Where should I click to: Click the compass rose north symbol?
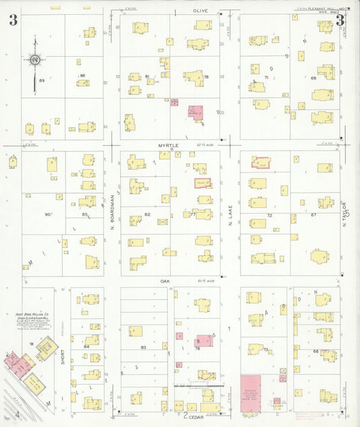point(34,60)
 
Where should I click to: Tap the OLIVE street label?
point(201,11)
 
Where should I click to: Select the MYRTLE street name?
point(167,145)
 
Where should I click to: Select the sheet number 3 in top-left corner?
point(13,20)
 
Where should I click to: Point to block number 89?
point(42,80)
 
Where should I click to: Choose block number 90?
point(47,214)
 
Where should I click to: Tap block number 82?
point(147,214)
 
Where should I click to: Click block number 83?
point(143,347)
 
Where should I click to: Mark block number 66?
point(315,352)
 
